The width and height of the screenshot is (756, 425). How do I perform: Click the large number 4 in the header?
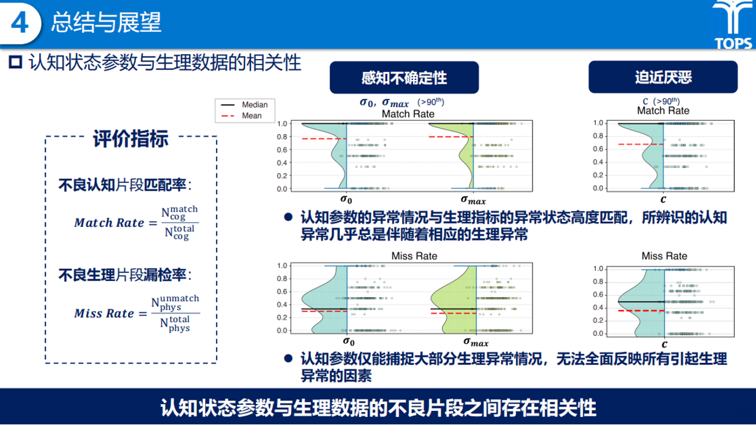(20, 23)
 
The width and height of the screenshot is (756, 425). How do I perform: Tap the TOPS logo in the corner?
(733, 25)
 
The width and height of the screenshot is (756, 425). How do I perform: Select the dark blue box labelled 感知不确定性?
(404, 77)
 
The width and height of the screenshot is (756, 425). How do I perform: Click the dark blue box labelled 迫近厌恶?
(663, 77)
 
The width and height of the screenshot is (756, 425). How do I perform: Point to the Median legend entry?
(244, 105)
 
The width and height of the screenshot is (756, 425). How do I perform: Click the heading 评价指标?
(131, 138)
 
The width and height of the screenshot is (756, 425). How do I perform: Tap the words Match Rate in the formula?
(109, 223)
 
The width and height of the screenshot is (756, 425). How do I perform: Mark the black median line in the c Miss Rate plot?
(641, 301)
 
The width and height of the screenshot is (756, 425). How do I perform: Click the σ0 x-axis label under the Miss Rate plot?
(348, 342)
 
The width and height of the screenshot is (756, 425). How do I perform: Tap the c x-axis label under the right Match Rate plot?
(663, 199)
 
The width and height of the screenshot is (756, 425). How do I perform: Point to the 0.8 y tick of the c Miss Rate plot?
(598, 282)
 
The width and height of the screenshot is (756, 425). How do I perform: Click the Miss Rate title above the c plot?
(664, 256)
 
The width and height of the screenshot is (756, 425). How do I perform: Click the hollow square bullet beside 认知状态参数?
(15, 62)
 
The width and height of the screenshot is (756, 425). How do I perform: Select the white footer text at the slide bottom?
(378, 407)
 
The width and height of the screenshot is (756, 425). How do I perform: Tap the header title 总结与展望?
(106, 22)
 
